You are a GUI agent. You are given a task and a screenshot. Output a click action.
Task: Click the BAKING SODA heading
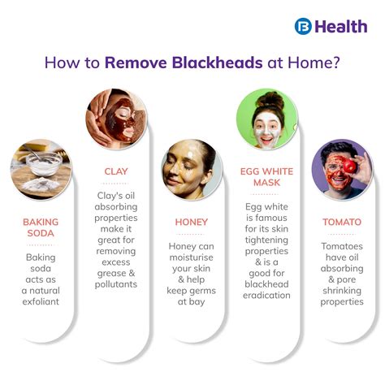pos(41,227)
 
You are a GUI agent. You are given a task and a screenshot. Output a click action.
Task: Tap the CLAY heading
pos(115,171)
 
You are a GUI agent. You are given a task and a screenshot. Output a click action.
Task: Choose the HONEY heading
pos(192,222)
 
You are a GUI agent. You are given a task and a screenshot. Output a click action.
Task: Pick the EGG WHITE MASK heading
pos(266,178)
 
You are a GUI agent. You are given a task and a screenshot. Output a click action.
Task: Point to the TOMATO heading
pos(341,221)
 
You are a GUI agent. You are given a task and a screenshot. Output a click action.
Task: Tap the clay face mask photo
pos(115,116)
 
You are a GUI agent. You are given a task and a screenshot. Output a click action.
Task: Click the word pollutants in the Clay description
pos(115,284)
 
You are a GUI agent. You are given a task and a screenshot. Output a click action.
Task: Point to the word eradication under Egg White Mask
pos(266,295)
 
